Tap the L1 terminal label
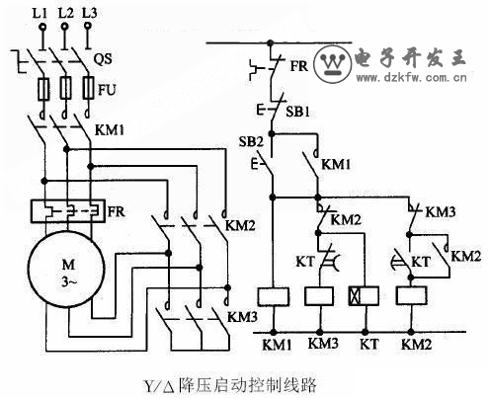40,13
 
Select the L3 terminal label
89,13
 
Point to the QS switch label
103,58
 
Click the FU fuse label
108,90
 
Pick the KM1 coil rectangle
273,296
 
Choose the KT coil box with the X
364,295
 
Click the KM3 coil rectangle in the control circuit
319,296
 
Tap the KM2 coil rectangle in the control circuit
412,295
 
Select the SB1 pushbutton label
297,112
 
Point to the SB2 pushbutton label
251,141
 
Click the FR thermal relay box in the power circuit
68,211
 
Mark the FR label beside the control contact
299,66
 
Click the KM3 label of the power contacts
242,317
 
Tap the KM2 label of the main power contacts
240,225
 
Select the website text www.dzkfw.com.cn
412,78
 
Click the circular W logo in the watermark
333,63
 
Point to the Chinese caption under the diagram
230,385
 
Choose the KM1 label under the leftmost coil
277,345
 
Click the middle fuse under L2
65,88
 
